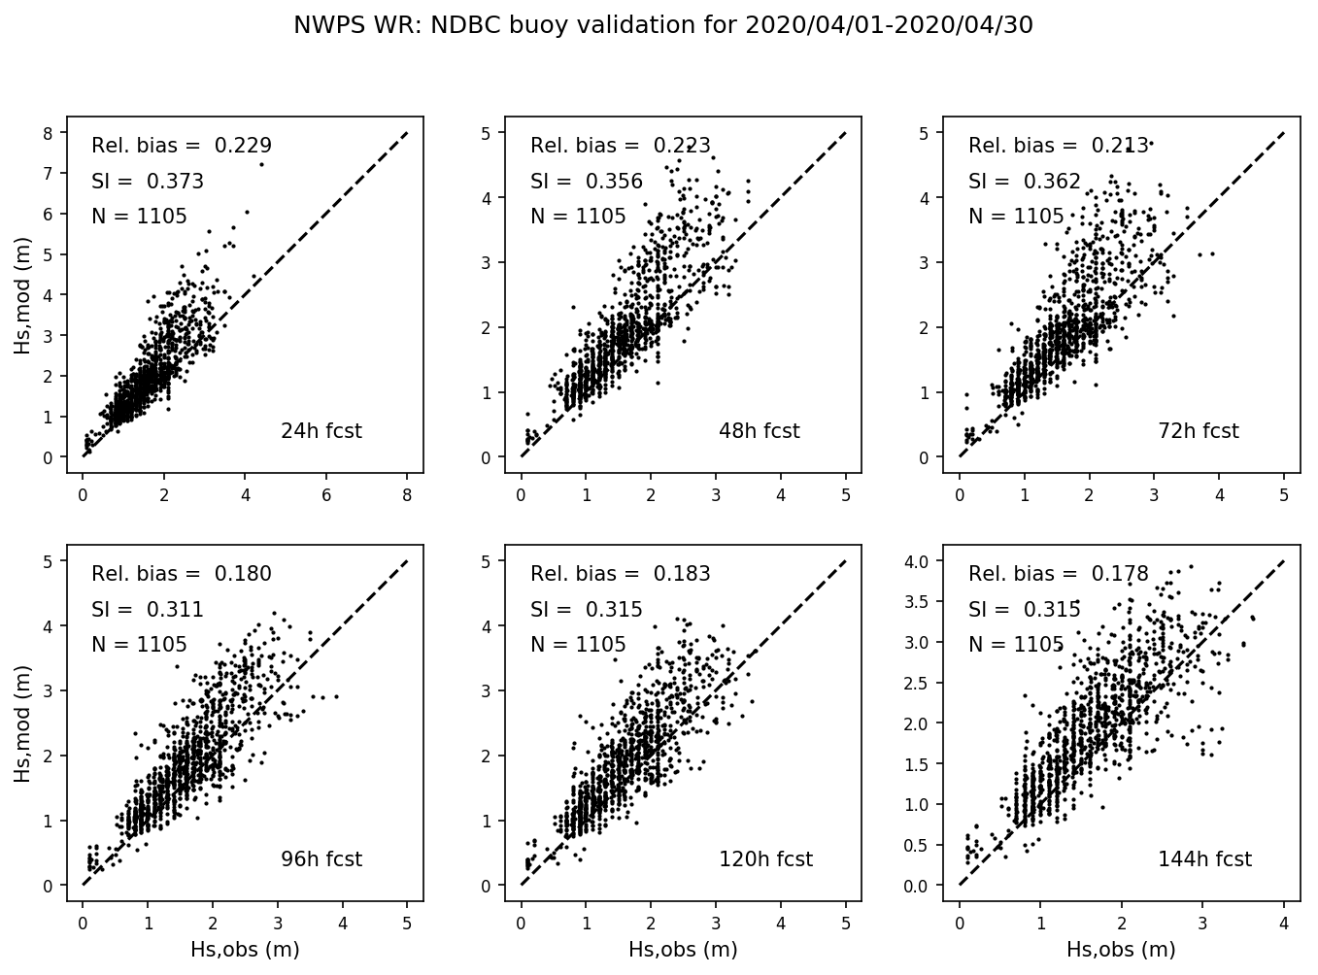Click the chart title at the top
663,25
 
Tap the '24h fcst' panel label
321,431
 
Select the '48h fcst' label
759,431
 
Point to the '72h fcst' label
1198,431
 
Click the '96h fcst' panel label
321,859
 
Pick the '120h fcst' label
765,859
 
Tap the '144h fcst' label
1204,859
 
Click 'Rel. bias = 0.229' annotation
182,146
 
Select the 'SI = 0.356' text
587,182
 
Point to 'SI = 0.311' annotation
148,610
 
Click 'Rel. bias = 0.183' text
621,574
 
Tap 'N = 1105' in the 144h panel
1016,645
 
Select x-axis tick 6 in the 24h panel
325,495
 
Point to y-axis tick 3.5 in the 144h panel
919,602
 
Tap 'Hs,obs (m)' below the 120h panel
683,950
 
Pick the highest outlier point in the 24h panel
261,164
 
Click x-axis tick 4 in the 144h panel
1284,924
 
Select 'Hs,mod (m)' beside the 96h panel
22,723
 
